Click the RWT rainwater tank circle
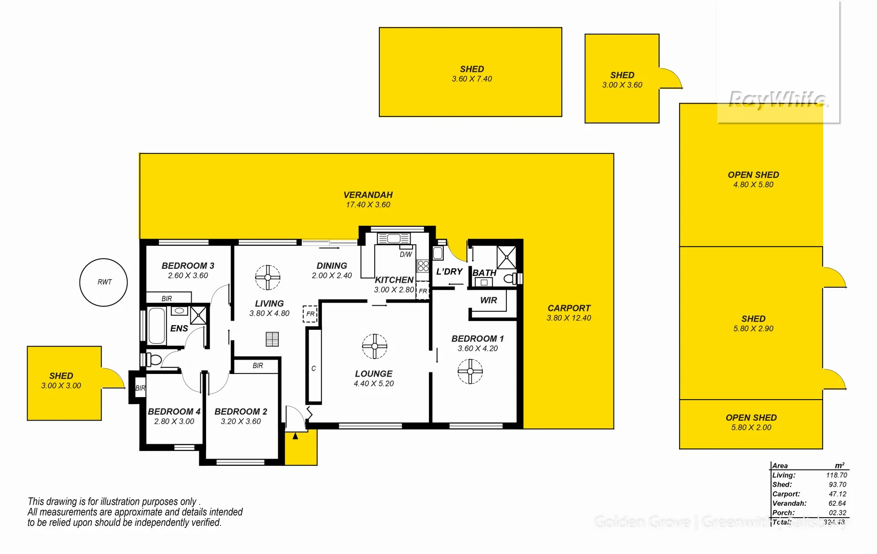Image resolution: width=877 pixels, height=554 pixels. [104, 282]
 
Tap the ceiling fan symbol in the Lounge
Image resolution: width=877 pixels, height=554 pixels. [375, 346]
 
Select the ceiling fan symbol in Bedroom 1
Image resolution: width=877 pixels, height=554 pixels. [470, 371]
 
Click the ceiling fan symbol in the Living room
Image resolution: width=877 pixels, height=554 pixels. [268, 278]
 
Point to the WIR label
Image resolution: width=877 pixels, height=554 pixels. [488, 301]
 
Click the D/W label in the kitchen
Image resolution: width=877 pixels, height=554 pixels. [405, 254]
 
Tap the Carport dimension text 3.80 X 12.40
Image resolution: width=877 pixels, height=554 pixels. [568, 318]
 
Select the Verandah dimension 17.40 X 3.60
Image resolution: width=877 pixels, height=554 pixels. [368, 205]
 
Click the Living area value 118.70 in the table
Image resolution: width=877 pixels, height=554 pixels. [836, 476]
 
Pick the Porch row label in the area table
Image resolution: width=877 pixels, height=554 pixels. [783, 512]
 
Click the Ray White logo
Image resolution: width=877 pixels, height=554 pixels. [777, 99]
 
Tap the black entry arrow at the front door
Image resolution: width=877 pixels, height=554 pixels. [295, 436]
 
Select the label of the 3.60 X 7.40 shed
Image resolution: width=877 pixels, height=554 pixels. [472, 69]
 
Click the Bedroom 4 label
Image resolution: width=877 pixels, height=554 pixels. [174, 411]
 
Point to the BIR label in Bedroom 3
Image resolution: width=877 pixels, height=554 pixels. [167, 299]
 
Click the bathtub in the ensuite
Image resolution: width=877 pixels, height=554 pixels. [157, 326]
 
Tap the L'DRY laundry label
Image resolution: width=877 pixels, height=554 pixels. [449, 272]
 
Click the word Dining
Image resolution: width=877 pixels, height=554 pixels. [332, 266]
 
